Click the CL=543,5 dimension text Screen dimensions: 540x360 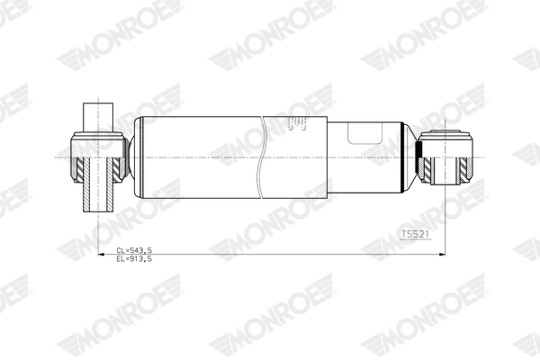pyautogui.click(x=134, y=250)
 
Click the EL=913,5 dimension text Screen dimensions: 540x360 pyautogui.click(x=134, y=258)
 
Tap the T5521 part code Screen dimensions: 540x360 pyautogui.click(x=416, y=234)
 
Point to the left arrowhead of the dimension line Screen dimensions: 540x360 pyautogui.click(x=101, y=255)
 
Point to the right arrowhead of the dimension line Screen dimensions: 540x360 pyautogui.click(x=442, y=255)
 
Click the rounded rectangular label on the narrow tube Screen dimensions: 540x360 pyautogui.click(x=365, y=133)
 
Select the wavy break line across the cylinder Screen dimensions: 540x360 pyautogui.click(x=262, y=157)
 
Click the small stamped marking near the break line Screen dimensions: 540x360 pyautogui.click(x=298, y=123)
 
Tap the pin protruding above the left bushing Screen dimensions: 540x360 pyautogui.click(x=98, y=117)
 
